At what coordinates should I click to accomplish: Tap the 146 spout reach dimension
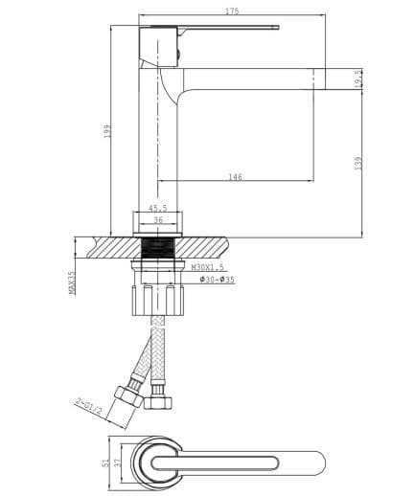click(x=235, y=176)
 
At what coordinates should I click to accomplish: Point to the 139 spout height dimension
click(x=357, y=164)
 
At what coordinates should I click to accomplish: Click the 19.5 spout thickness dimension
click(x=357, y=79)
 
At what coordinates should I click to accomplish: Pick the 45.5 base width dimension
click(x=158, y=208)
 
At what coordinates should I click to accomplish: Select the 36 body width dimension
click(x=158, y=219)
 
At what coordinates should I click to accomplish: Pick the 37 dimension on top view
click(x=116, y=461)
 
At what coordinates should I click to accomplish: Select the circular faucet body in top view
click(x=159, y=461)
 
